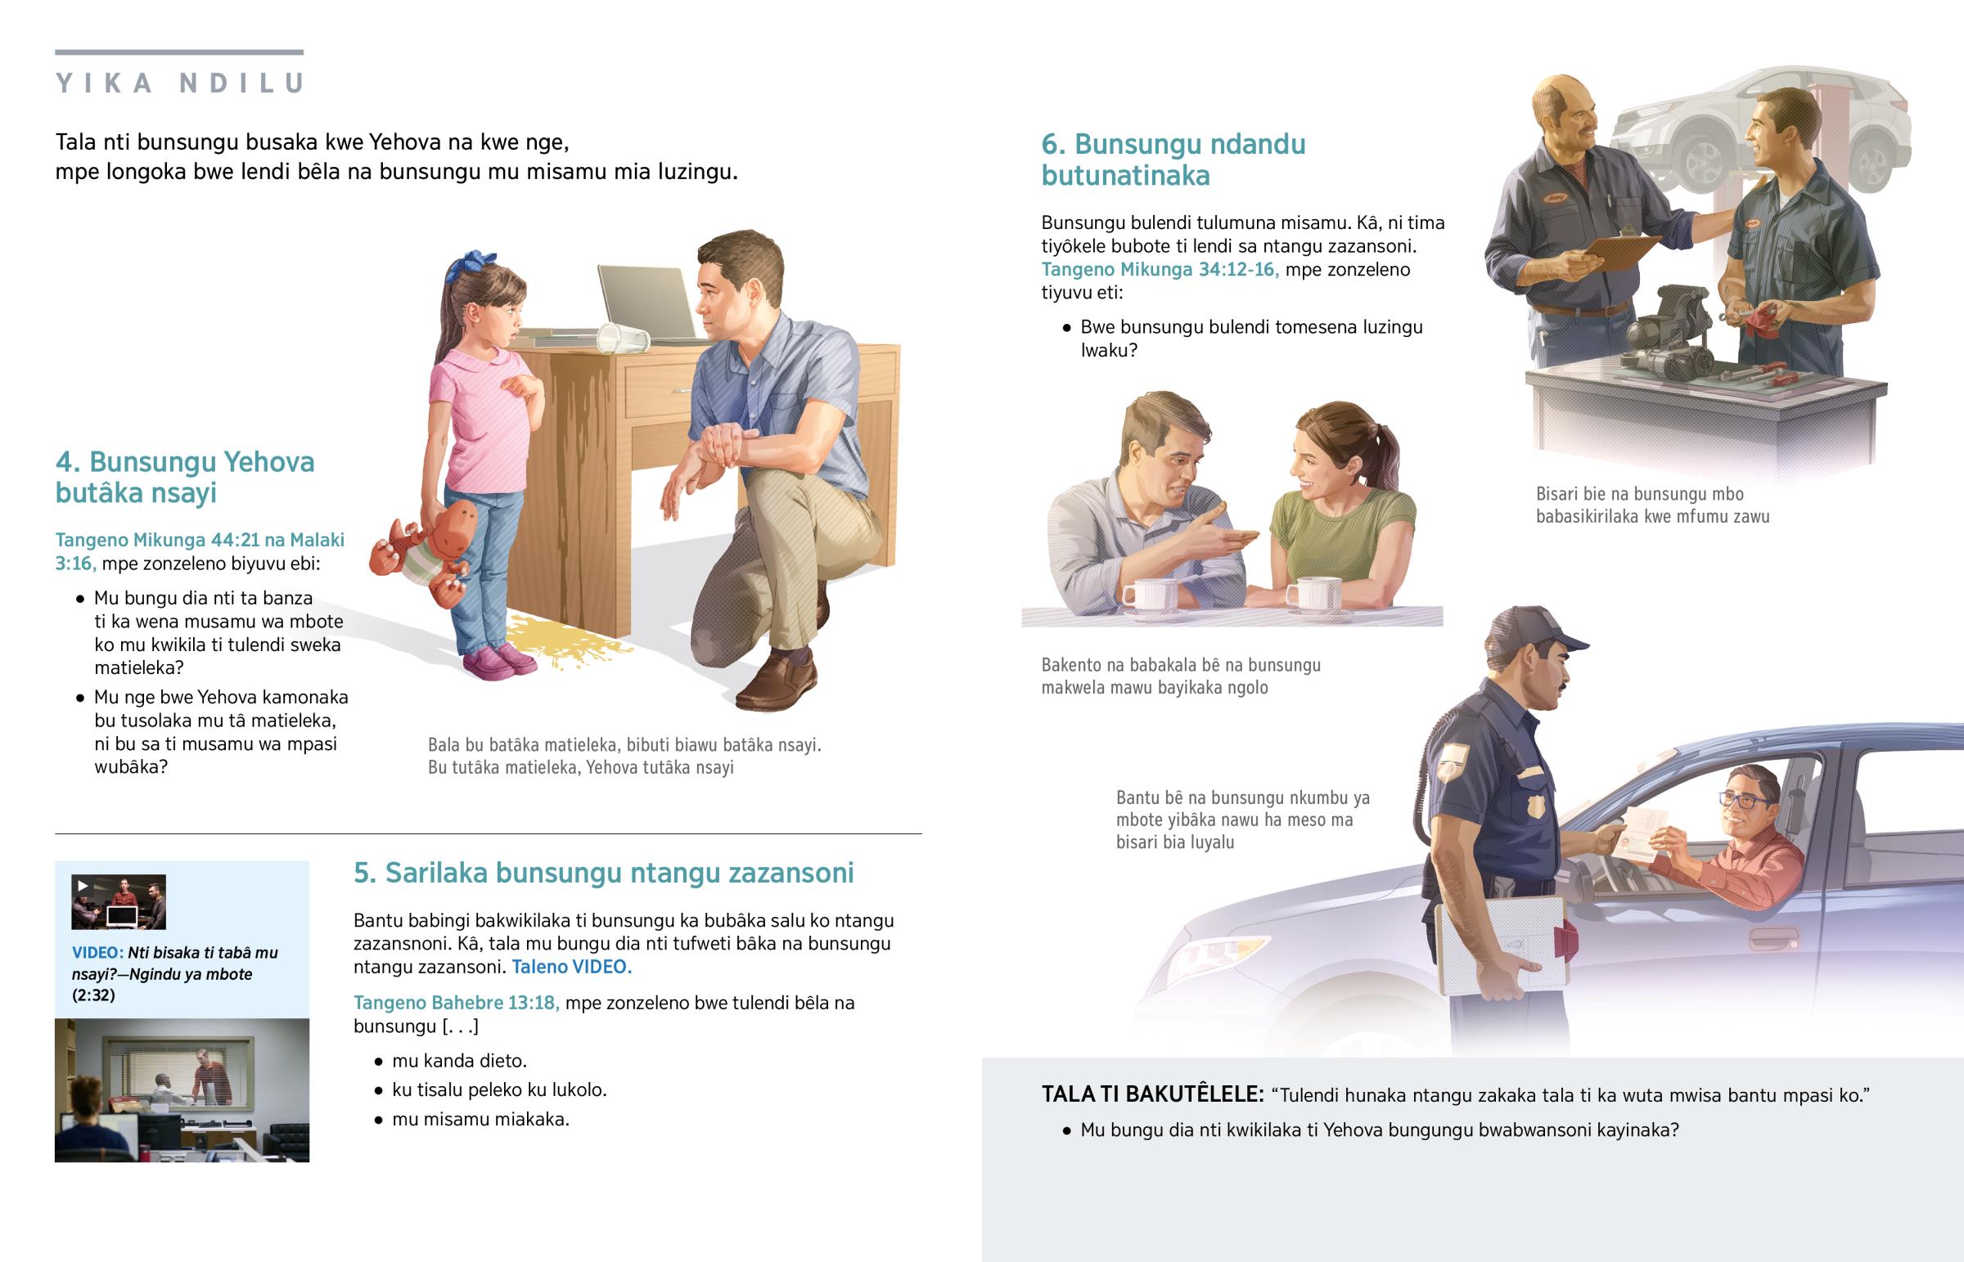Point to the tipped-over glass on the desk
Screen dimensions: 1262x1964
click(621, 337)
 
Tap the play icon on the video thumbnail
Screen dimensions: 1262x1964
click(82, 885)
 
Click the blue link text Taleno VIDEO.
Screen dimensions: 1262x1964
click(571, 967)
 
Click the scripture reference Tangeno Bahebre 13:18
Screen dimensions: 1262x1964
click(456, 1003)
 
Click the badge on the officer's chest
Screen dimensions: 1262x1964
click(1534, 806)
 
